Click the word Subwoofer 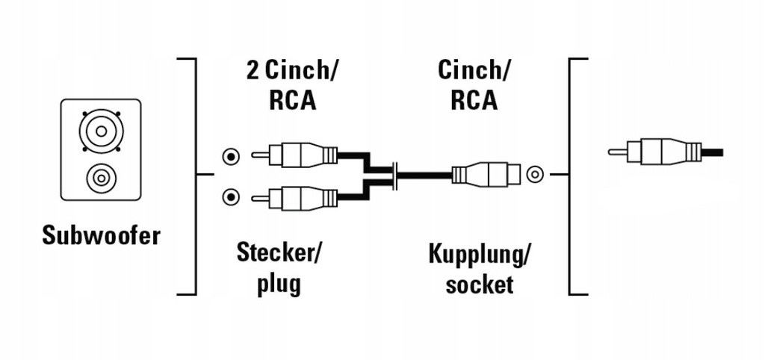pos(101,236)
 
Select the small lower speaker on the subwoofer pos(101,178)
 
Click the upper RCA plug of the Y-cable pos(294,157)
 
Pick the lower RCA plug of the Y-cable pos(294,198)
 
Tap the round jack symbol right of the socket pos(534,176)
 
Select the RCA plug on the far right pos(654,152)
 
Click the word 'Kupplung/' pos(479,254)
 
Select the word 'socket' pos(479,284)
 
